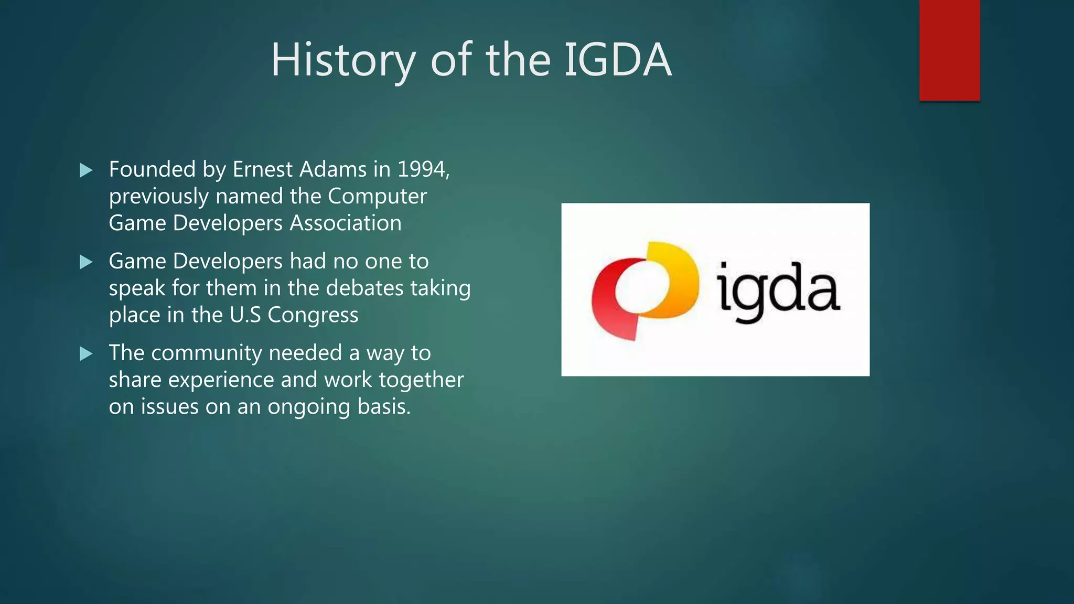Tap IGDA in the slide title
tap(617, 60)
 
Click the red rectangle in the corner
tap(949, 50)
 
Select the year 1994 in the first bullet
tap(422, 169)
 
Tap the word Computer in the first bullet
tap(377, 197)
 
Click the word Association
tap(346, 223)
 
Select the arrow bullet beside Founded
tap(86, 170)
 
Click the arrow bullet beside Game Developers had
tap(86, 262)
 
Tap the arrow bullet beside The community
tap(86, 354)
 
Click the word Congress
tap(313, 315)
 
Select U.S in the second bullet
tap(245, 315)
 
